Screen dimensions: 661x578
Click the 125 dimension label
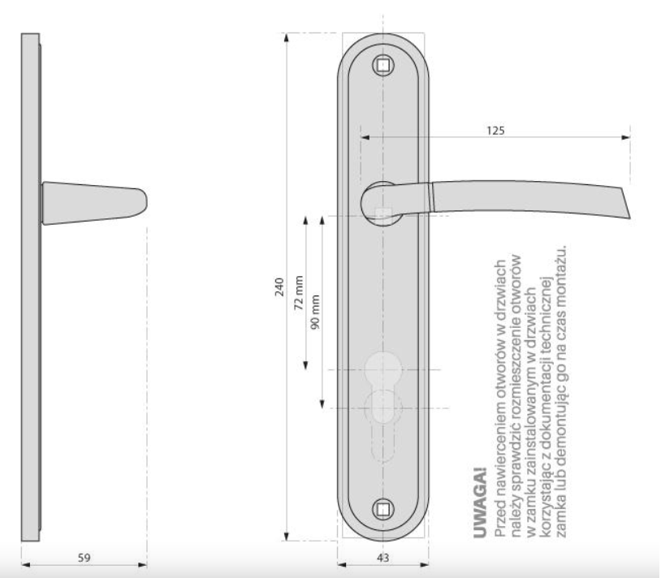click(x=495, y=131)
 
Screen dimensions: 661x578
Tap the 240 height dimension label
click(x=279, y=287)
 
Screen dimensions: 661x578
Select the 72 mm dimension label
click(x=299, y=293)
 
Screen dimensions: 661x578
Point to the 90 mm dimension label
click(x=315, y=312)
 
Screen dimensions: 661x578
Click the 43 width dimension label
click(x=382, y=558)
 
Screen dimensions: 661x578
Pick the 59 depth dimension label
click(x=84, y=558)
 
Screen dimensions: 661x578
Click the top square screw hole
click(x=382, y=65)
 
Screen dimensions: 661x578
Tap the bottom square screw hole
click(x=382, y=510)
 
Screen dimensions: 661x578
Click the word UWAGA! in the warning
click(x=480, y=503)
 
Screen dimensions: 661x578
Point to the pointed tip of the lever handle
click(x=630, y=218)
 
